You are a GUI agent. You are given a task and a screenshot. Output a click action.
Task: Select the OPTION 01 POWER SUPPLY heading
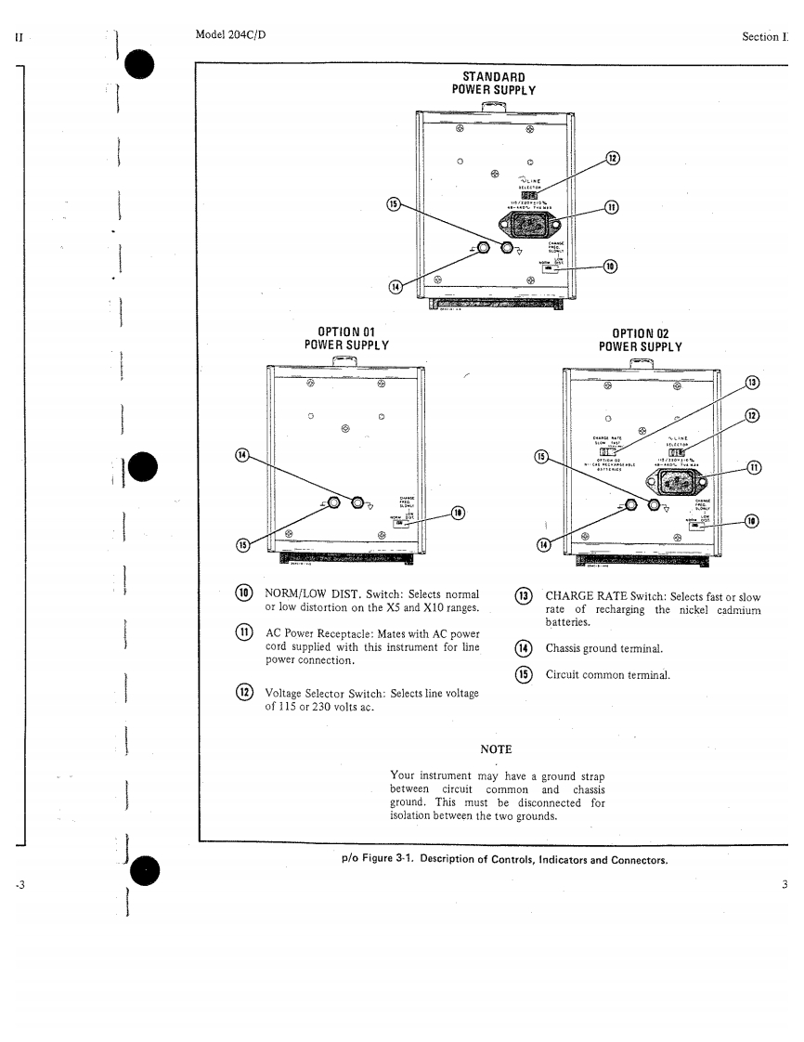(345, 339)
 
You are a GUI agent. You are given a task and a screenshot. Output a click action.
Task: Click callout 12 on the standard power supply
(613, 158)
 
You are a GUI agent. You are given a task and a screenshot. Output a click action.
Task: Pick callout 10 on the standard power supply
(609, 267)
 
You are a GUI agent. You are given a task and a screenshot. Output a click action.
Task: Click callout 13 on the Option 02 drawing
(753, 383)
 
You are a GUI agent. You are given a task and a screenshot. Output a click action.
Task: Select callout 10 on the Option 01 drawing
(458, 513)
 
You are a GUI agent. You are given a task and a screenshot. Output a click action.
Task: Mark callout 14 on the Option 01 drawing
(242, 455)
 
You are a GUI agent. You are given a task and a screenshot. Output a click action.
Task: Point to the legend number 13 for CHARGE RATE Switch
(525, 596)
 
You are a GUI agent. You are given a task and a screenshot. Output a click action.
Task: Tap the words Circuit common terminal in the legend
(607, 675)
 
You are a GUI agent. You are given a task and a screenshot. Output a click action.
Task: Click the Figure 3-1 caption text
(505, 859)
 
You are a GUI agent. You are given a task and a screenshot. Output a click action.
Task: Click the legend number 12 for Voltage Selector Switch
(245, 692)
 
